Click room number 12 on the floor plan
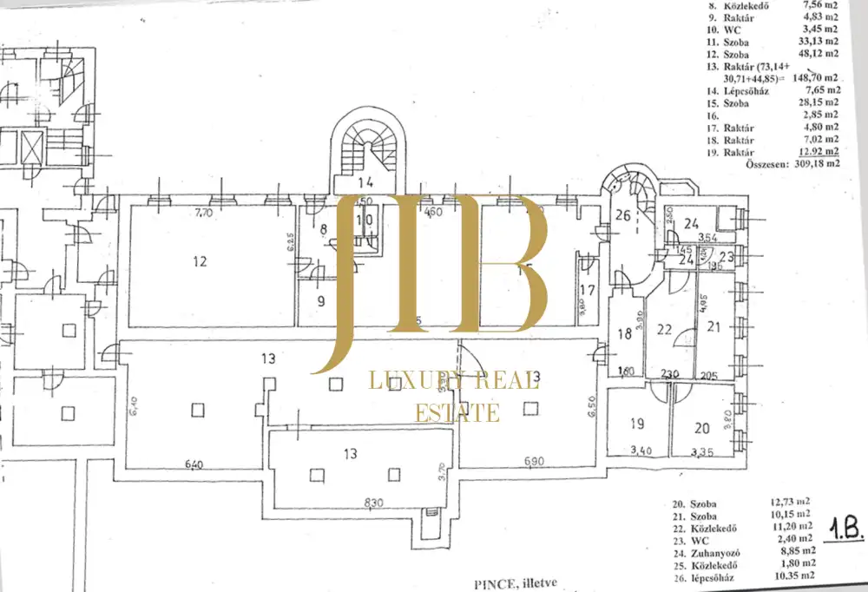(201, 260)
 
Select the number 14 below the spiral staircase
(365, 183)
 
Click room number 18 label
(624, 334)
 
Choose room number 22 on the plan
(665, 329)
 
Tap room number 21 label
(714, 326)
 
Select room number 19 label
(638, 424)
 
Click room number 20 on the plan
(702, 428)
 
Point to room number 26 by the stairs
(622, 217)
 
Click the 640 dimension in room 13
(194, 464)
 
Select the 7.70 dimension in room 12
(202, 211)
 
